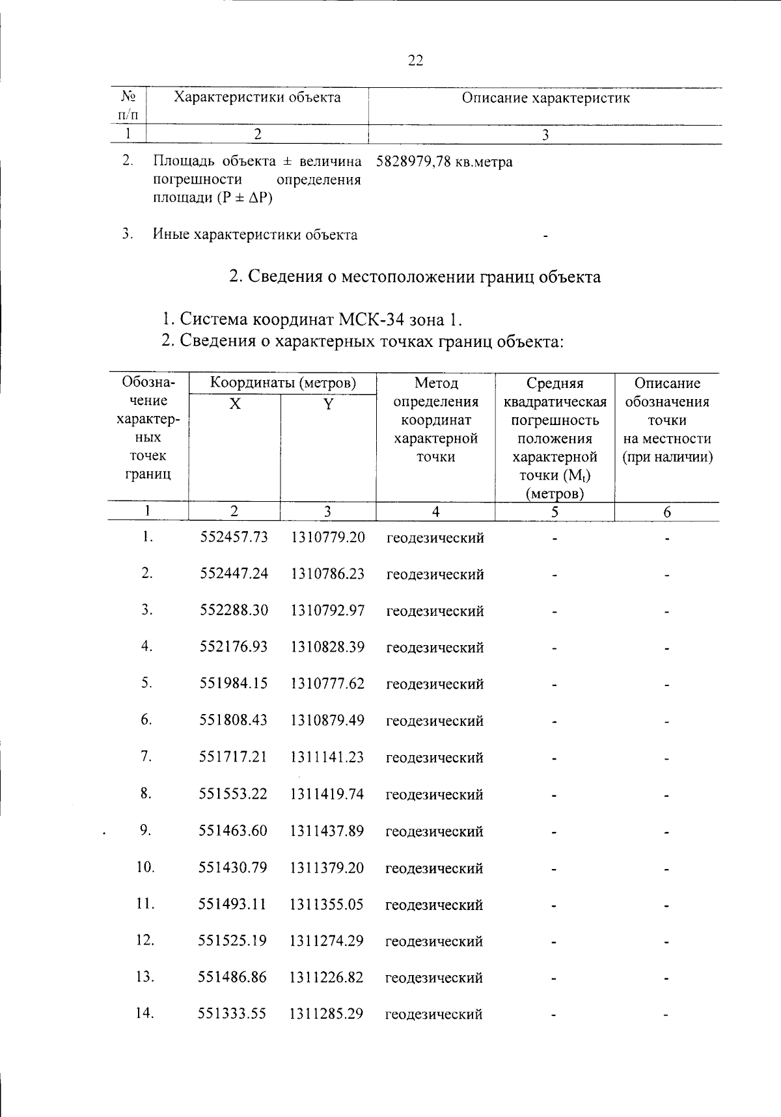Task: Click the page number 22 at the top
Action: pyautogui.click(x=415, y=61)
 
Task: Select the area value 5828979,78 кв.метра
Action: pyautogui.click(x=444, y=161)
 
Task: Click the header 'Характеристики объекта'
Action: pyautogui.click(x=257, y=98)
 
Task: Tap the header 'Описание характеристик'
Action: pyautogui.click(x=545, y=98)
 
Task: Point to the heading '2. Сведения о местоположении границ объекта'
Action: pyautogui.click(x=415, y=277)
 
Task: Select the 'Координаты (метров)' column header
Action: pyautogui.click(x=282, y=383)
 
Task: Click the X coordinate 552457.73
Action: pyautogui.click(x=234, y=538)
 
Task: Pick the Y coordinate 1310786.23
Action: pyautogui.click(x=327, y=574)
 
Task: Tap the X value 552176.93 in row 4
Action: pyautogui.click(x=234, y=647)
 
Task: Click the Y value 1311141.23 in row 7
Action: pyautogui.click(x=327, y=757)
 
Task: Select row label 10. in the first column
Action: pyautogui.click(x=146, y=867)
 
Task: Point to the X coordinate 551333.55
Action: pyautogui.click(x=232, y=1014)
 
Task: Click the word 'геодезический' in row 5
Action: pyautogui.click(x=435, y=684)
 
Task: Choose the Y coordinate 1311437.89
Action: pyautogui.click(x=327, y=831)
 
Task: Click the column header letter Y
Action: pyautogui.click(x=328, y=405)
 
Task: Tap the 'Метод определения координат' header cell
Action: pyautogui.click(x=435, y=419)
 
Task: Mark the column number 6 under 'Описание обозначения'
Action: pyautogui.click(x=667, y=512)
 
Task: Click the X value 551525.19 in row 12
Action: pyautogui.click(x=232, y=941)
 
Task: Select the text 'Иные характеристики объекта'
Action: pyautogui.click(x=255, y=235)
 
